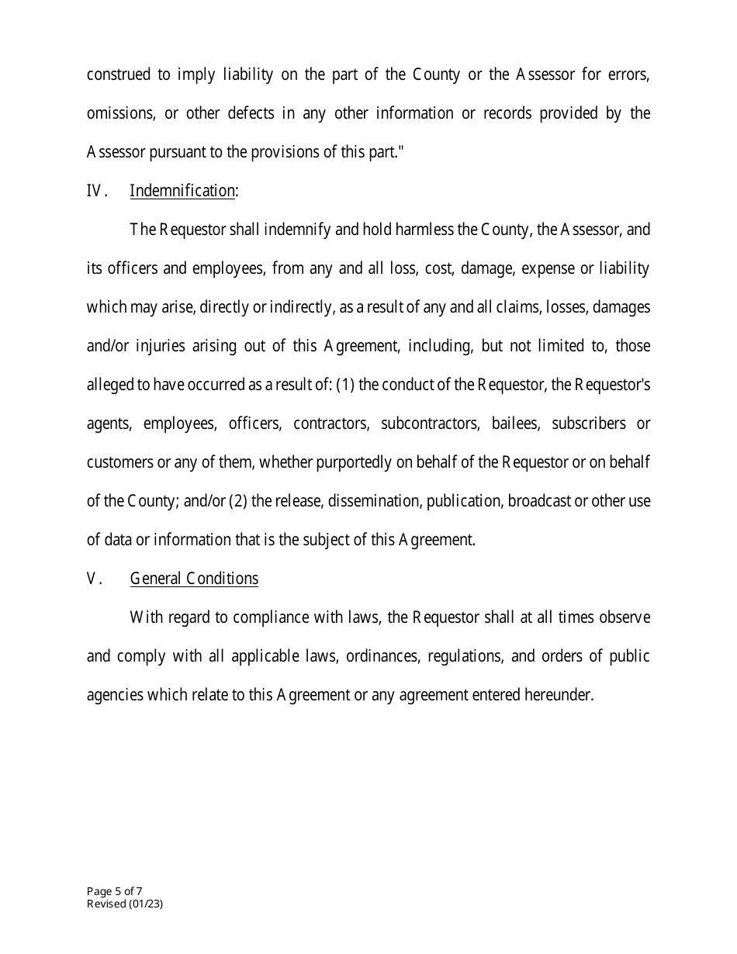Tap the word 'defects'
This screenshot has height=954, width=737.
coord(251,113)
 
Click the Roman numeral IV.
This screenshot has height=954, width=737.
coord(95,191)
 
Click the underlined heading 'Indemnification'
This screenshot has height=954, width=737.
coord(182,191)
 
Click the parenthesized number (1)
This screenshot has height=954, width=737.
coord(346,385)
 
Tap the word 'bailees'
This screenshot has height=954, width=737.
coord(514,423)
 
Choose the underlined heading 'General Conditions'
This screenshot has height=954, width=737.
coord(194,579)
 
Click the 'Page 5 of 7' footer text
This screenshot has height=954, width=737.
coord(114,891)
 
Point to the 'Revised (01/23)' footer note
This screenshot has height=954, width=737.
coord(125,904)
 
